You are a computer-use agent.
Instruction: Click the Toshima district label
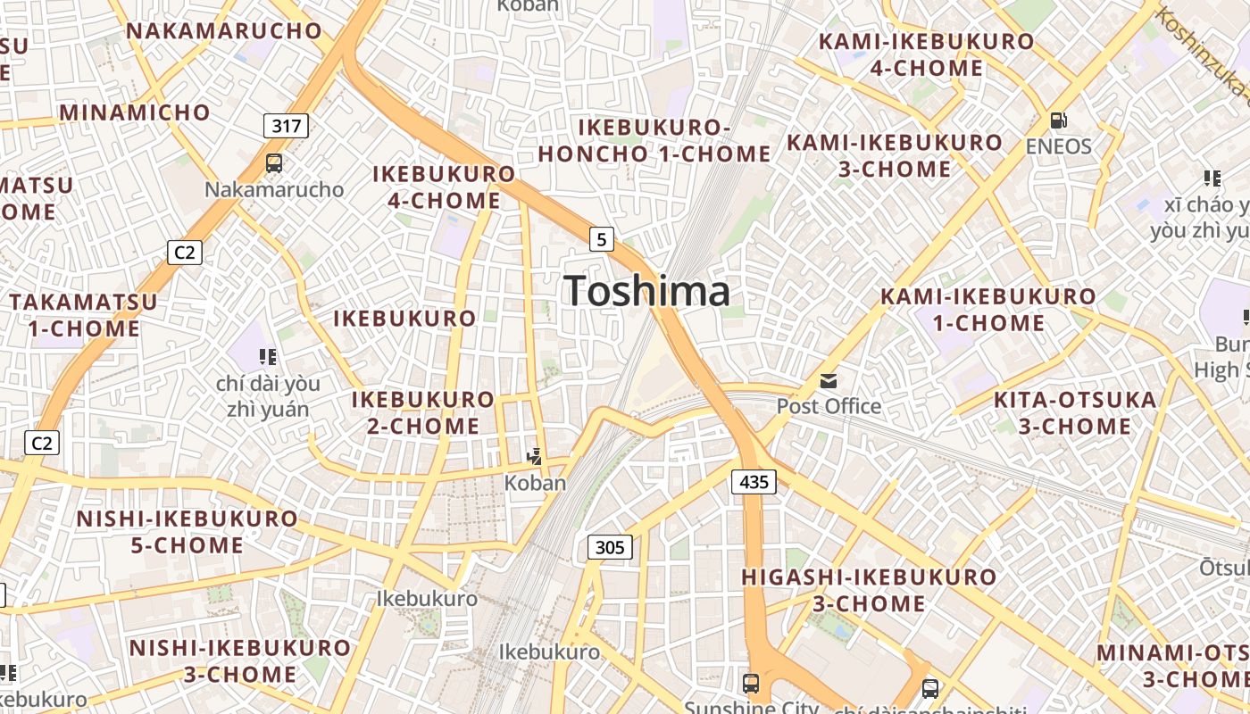(x=647, y=292)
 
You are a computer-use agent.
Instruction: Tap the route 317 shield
(x=286, y=126)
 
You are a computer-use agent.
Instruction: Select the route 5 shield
(x=603, y=239)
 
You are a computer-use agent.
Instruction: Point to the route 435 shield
(x=754, y=482)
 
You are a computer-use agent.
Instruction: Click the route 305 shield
(x=610, y=547)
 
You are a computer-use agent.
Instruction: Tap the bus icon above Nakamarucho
(x=274, y=163)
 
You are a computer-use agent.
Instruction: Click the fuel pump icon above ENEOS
(x=1058, y=120)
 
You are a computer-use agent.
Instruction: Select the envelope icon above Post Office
(x=829, y=381)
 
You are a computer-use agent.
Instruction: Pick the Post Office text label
(x=829, y=407)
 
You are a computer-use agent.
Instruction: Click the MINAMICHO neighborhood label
(x=135, y=113)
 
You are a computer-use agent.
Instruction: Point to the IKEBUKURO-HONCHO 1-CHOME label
(x=654, y=141)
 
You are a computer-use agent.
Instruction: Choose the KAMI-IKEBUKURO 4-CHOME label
(x=927, y=54)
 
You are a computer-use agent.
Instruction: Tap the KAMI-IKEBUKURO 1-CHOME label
(x=988, y=310)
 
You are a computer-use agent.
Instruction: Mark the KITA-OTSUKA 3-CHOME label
(x=1075, y=413)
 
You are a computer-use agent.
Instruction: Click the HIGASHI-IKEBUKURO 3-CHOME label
(x=869, y=590)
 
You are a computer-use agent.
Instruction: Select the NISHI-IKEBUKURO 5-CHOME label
(x=187, y=532)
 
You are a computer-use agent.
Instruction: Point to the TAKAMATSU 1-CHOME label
(x=84, y=315)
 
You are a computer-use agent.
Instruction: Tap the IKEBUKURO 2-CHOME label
(x=423, y=412)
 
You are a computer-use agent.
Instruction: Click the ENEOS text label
(x=1058, y=146)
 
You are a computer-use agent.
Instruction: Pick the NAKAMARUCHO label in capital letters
(x=224, y=30)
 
